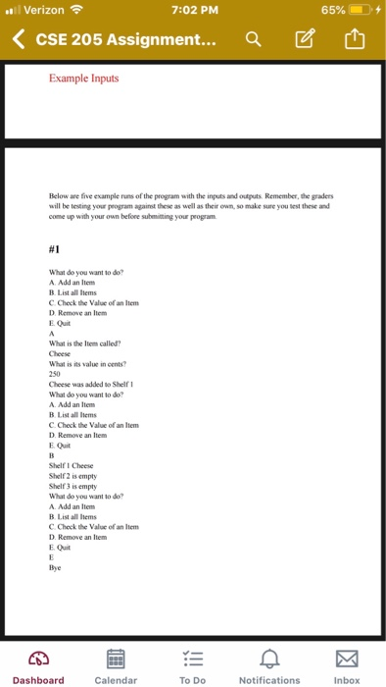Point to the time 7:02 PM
[192, 12]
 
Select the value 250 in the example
[54, 373]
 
